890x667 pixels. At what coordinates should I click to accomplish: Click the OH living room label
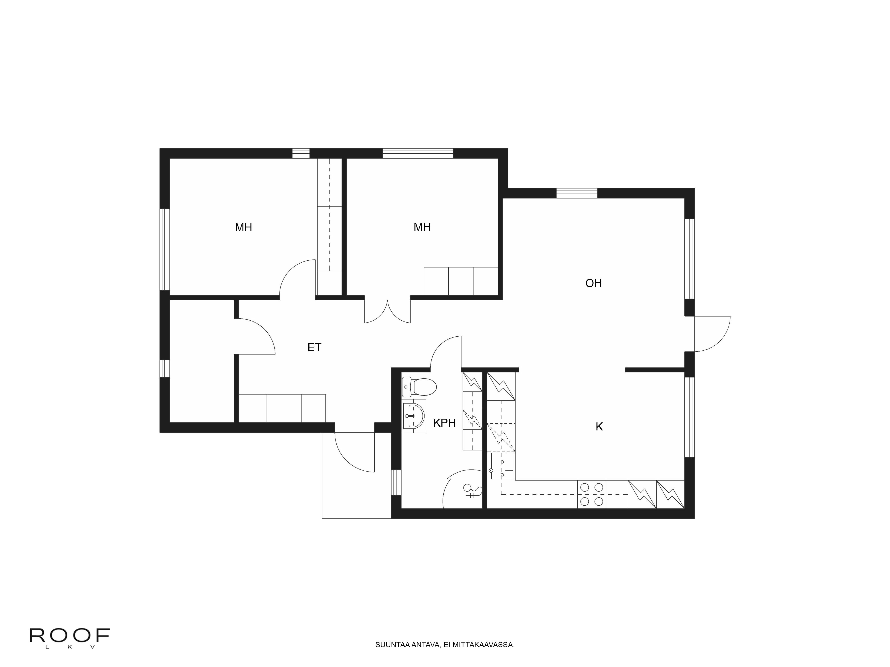pos(593,283)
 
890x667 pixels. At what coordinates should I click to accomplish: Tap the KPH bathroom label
pos(444,423)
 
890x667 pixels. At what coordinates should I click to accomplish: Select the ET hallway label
pos(314,347)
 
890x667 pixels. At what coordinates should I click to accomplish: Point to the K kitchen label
pos(599,427)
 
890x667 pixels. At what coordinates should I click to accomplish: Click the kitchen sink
pos(502,466)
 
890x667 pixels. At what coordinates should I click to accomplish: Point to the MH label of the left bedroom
pos(243,228)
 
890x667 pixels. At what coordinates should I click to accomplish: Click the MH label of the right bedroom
pos(422,227)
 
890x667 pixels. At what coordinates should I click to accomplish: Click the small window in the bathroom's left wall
pos(396,482)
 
